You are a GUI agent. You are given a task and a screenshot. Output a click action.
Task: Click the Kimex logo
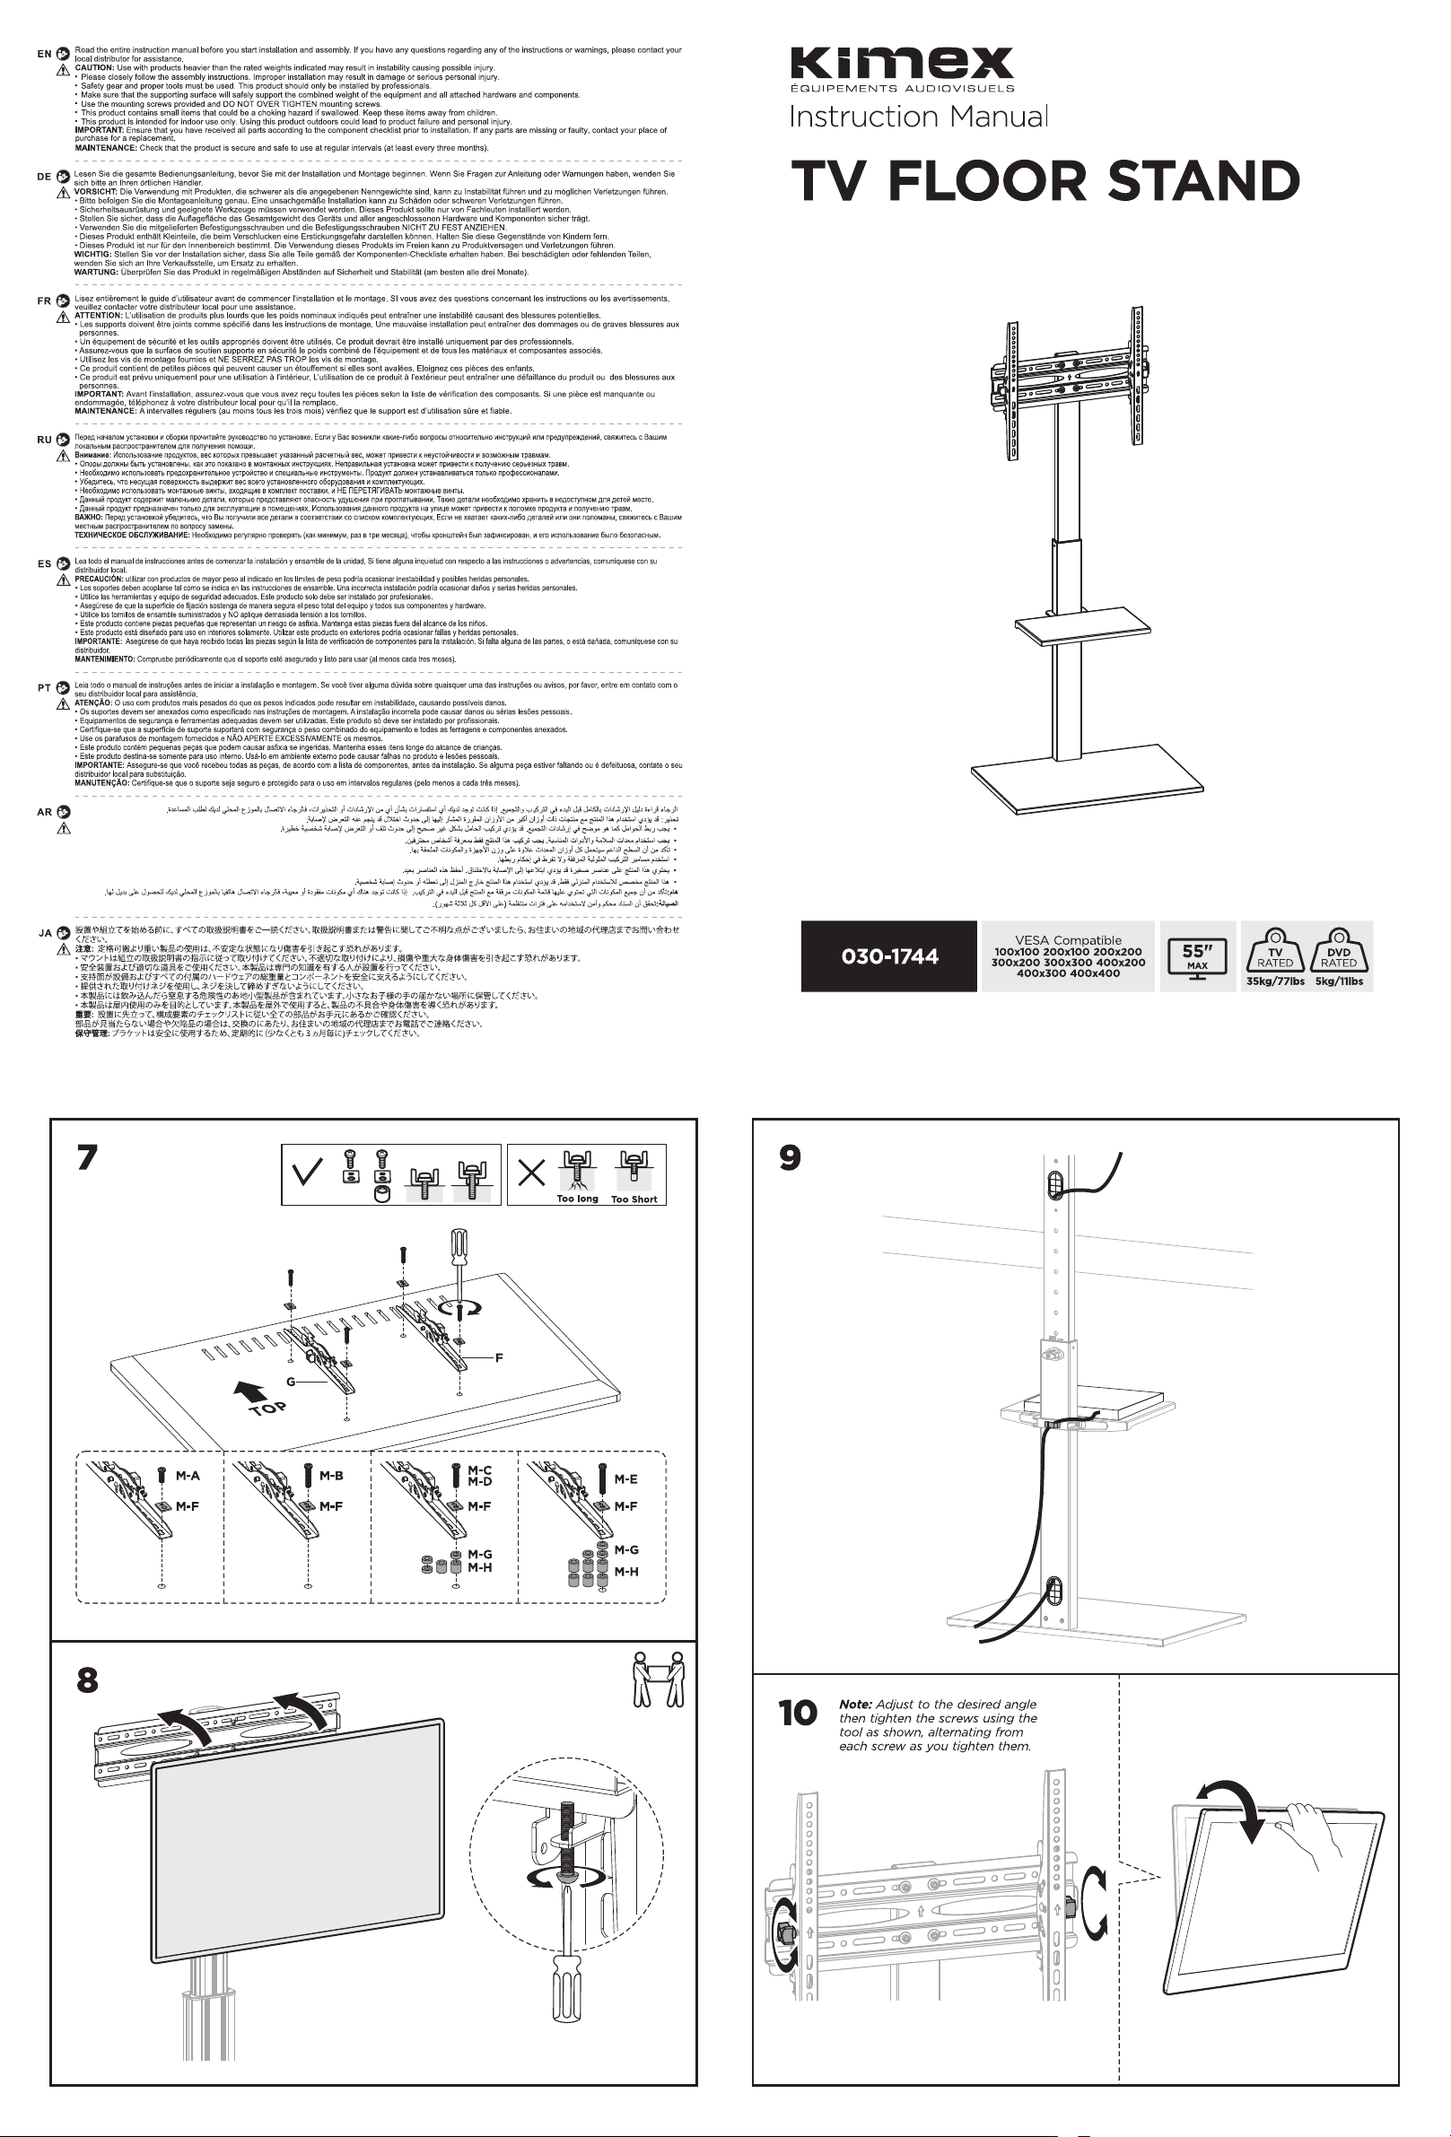click(x=902, y=64)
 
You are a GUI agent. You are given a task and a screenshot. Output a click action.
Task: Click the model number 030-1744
click(x=888, y=956)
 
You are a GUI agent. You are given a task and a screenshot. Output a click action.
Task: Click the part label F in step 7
click(x=498, y=1357)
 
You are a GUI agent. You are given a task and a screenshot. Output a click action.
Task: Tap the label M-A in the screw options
click(x=188, y=1476)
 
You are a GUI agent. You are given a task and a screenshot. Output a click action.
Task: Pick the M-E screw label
click(x=625, y=1479)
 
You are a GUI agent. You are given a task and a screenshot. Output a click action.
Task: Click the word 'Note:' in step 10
click(x=855, y=1704)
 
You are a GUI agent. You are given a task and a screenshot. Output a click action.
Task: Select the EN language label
click(x=44, y=54)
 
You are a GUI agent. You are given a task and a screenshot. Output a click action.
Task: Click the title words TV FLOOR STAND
click(x=1045, y=181)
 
